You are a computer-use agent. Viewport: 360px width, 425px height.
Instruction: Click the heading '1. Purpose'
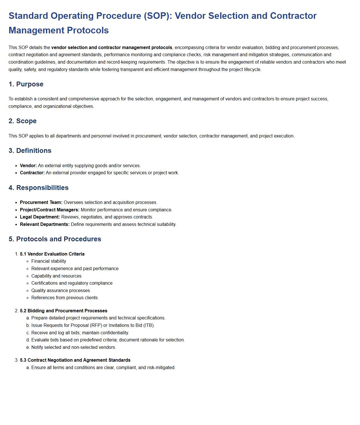pyautogui.click(x=26, y=84)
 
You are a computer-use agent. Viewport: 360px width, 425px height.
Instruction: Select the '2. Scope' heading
pyautogui.click(x=23, y=121)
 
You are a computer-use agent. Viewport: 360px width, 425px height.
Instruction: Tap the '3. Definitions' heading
pyautogui.click(x=30, y=151)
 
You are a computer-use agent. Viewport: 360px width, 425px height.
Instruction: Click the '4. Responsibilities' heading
pyautogui.click(x=38, y=188)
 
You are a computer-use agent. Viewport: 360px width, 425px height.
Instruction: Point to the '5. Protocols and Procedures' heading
pyautogui.click(x=55, y=239)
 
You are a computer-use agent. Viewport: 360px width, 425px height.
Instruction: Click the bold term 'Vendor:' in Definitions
pyautogui.click(x=28, y=166)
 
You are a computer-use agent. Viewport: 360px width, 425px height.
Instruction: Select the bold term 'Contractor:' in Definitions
pyautogui.click(x=32, y=173)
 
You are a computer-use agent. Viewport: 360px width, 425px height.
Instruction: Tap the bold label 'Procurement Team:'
pyautogui.click(x=41, y=203)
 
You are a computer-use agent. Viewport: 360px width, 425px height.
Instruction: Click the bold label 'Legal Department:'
pyautogui.click(x=40, y=217)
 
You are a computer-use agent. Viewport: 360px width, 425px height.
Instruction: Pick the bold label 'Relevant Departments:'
pyautogui.click(x=45, y=224)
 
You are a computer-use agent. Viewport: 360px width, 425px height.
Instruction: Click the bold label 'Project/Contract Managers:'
pyautogui.click(x=50, y=210)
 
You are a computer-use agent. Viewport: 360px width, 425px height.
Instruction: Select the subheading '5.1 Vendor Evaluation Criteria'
pyautogui.click(x=52, y=254)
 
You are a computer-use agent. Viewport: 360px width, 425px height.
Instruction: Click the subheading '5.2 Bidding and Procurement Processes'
pyautogui.click(x=64, y=311)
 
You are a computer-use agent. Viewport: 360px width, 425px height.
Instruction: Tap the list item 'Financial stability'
pyautogui.click(x=49, y=261)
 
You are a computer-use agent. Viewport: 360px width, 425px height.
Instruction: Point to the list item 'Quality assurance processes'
pyautogui.click(x=60, y=291)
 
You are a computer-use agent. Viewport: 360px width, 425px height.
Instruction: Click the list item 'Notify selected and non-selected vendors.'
pyautogui.click(x=74, y=347)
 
